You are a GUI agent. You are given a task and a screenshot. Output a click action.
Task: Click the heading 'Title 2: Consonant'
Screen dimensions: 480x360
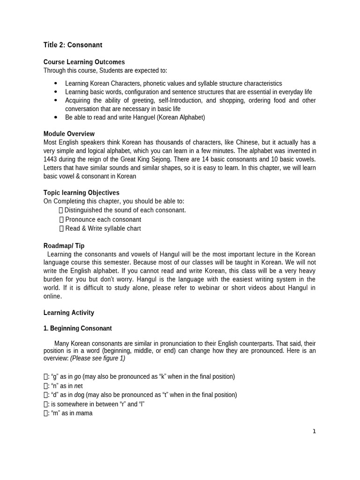[x=73, y=45]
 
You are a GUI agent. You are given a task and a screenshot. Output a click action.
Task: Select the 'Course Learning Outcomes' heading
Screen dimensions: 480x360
[x=84, y=62]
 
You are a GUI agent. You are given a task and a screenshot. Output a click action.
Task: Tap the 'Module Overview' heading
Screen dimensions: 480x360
[x=69, y=134]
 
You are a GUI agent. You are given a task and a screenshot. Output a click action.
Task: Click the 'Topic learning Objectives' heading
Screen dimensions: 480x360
[x=81, y=193]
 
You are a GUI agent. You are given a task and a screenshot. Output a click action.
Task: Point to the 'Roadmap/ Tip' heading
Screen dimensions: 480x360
[x=64, y=246]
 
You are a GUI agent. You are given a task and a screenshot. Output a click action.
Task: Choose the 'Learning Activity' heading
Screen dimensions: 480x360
[x=68, y=313]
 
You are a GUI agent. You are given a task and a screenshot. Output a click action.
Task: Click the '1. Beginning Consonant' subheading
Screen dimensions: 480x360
[x=77, y=328]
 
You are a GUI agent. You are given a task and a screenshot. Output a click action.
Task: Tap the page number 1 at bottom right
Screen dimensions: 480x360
[x=315, y=431]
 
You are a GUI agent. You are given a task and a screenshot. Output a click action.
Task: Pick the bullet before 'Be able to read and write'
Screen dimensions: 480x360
[x=55, y=117]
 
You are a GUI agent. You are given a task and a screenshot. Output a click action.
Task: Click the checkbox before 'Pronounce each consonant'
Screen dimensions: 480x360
[x=61, y=219]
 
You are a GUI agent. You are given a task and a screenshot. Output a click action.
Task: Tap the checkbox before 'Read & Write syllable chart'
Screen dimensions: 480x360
[x=61, y=228]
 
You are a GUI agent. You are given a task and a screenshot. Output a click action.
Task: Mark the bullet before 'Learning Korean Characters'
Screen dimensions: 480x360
[x=55, y=83]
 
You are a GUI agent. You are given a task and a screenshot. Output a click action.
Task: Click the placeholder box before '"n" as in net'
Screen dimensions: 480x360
[x=45, y=386]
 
